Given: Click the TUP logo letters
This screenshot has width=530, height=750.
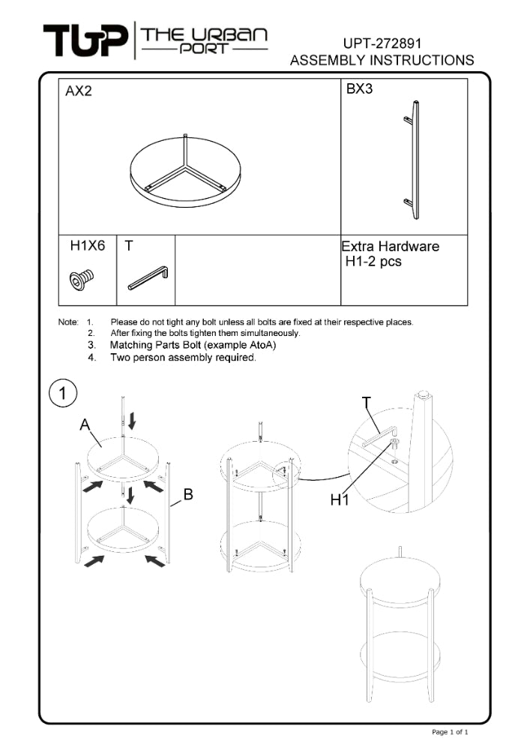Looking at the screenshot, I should click(85, 40).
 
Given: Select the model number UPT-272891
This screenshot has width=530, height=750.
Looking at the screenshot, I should click(382, 43).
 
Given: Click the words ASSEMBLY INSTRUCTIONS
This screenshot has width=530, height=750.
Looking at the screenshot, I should click(382, 60).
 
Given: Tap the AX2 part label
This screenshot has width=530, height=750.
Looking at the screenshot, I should click(79, 91).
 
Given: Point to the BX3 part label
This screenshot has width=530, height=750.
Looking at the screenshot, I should click(359, 89).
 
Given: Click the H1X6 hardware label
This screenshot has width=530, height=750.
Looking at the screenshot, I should click(87, 246).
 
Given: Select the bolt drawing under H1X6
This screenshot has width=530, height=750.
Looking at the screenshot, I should click(82, 280).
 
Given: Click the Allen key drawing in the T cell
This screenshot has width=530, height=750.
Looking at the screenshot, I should click(148, 277).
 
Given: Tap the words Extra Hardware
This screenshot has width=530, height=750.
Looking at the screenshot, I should click(390, 246).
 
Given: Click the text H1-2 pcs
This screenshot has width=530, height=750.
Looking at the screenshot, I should click(373, 262).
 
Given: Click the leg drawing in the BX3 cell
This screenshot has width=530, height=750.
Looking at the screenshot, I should click(413, 159).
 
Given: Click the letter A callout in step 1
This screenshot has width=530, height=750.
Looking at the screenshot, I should click(85, 425).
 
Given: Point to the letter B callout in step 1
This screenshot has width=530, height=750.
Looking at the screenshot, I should click(188, 494).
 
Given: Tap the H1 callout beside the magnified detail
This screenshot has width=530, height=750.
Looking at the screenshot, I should click(340, 499).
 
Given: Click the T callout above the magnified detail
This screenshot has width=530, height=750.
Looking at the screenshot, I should click(367, 403).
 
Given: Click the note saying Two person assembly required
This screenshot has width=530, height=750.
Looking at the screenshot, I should click(183, 358).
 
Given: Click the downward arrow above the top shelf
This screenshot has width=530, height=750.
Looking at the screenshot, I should click(132, 419).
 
